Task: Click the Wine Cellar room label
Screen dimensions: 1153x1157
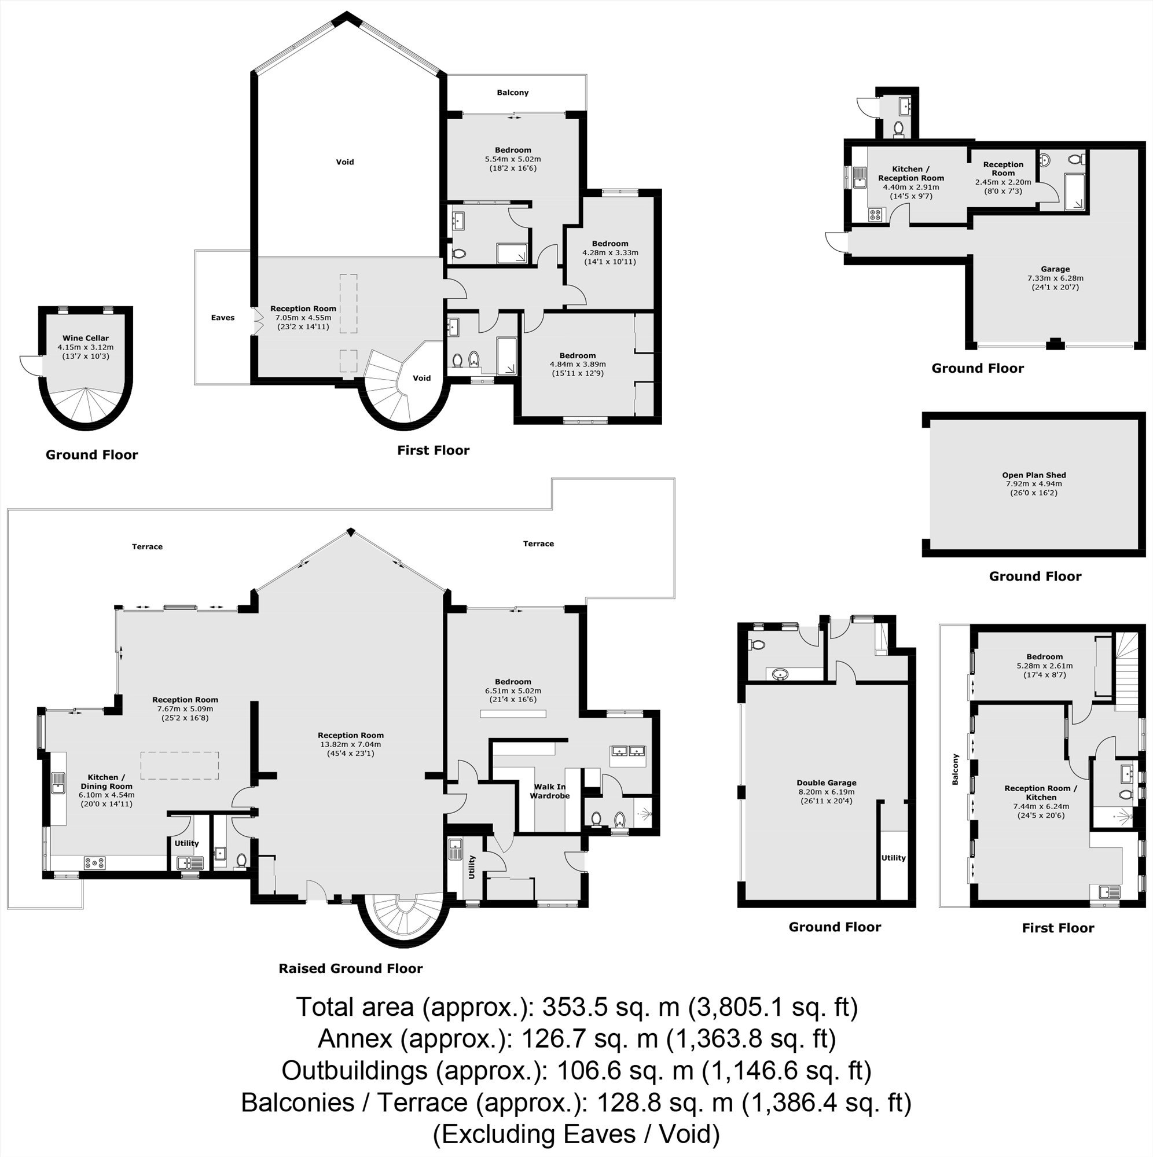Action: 86,339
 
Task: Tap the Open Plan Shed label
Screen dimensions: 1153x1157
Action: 1034,475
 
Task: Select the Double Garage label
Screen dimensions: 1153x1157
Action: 827,783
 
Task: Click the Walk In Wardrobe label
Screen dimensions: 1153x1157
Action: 549,791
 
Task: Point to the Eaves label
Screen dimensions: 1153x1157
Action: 223,317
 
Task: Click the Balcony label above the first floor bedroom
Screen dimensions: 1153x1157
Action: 513,92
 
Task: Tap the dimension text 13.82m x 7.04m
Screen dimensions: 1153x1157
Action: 351,744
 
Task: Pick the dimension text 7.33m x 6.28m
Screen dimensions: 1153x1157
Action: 1055,278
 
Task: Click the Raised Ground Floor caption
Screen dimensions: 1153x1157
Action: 350,968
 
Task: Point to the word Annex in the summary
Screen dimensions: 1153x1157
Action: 355,1038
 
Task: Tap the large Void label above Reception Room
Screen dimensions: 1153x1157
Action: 345,161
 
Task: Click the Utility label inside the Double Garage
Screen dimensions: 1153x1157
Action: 893,858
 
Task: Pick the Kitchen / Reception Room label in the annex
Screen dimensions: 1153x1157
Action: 911,174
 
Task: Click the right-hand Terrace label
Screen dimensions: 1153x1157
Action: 538,543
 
